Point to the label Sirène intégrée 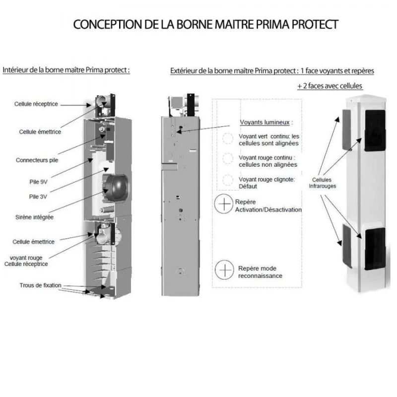pos(34,217)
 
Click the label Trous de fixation pos(41,285)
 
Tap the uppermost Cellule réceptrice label pos(36,104)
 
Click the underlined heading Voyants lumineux pos(265,122)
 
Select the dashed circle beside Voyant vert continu pos(227,138)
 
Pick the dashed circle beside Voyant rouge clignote pos(227,180)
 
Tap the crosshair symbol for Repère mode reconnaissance pos(224,270)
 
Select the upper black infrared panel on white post pos(375,131)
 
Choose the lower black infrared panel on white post pos(375,249)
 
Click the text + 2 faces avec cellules pos(330,86)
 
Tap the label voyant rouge pos(26,258)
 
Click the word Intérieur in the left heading pos(15,70)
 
